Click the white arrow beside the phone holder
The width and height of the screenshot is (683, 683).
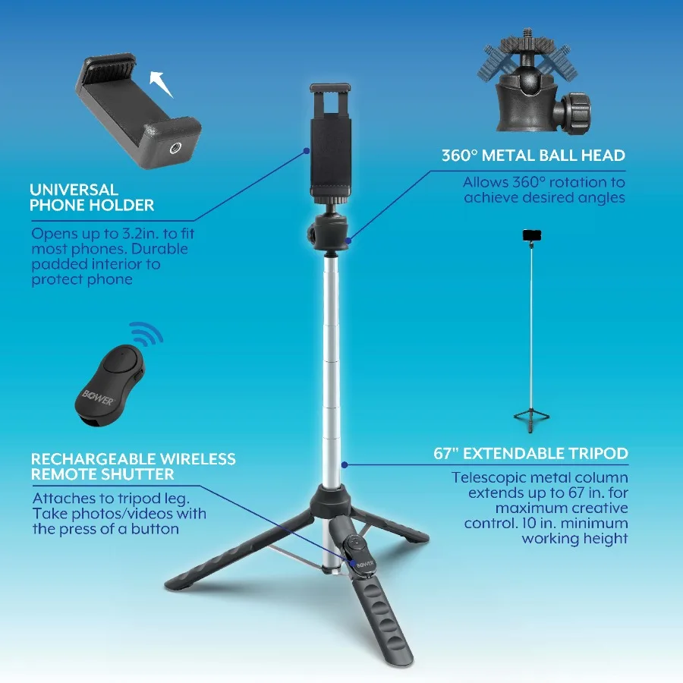160,83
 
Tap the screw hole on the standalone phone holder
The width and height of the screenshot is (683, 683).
175,149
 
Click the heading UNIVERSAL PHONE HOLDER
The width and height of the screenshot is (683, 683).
92,197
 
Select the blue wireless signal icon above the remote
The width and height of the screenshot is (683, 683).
146,333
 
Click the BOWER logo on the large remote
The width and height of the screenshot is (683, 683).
98,397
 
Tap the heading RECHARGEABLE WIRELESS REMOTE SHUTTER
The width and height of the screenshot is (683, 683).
134,466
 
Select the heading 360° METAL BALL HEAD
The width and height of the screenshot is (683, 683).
533,156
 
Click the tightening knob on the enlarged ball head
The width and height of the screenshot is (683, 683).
574,112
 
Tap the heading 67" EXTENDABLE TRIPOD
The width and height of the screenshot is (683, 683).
530,454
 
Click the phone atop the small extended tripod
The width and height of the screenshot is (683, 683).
532,235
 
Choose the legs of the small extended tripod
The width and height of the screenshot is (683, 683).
531,419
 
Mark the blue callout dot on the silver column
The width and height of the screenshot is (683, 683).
345,464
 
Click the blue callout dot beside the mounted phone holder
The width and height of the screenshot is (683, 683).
307,151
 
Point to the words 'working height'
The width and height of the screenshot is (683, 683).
574,538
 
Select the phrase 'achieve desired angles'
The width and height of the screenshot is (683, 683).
544,197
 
